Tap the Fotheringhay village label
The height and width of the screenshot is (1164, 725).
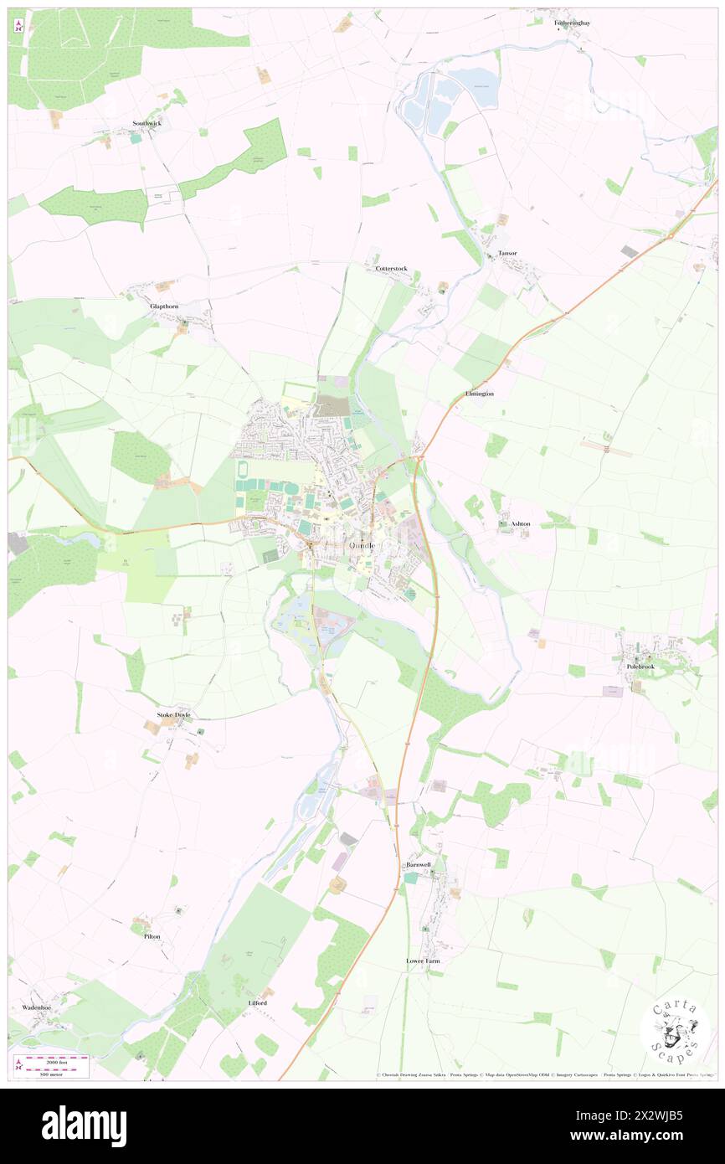click(572, 23)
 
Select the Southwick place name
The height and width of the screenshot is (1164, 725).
click(147, 123)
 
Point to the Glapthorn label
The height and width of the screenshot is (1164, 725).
click(164, 306)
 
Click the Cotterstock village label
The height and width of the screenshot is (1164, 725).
click(391, 269)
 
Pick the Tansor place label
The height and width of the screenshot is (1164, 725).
click(507, 253)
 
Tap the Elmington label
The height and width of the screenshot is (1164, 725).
click(479, 394)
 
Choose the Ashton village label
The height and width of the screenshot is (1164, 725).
click(520, 524)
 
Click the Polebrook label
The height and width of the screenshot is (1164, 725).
click(640, 667)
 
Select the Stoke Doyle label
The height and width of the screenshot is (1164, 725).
click(174, 714)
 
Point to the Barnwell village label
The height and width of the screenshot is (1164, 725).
click(418, 863)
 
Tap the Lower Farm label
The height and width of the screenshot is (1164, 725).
click(423, 961)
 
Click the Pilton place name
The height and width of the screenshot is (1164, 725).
click(152, 936)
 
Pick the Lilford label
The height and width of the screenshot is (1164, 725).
click(257, 1002)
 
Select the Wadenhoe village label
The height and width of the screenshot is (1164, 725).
click(37, 1007)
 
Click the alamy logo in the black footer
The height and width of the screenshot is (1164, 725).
click(84, 1125)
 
